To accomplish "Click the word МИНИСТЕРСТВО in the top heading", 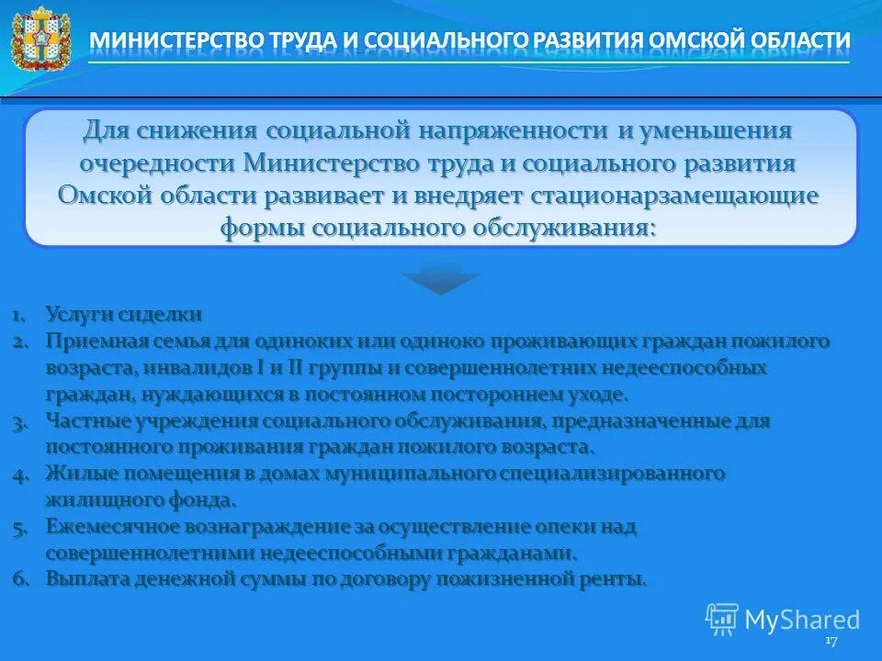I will [x=175, y=42].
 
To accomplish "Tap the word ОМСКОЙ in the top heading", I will [x=697, y=42].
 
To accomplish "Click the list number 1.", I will [x=19, y=315].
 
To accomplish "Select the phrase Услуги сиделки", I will [x=123, y=315].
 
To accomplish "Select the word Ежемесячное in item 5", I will [x=114, y=527].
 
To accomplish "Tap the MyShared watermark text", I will [x=801, y=620].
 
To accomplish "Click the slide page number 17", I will [x=831, y=641].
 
